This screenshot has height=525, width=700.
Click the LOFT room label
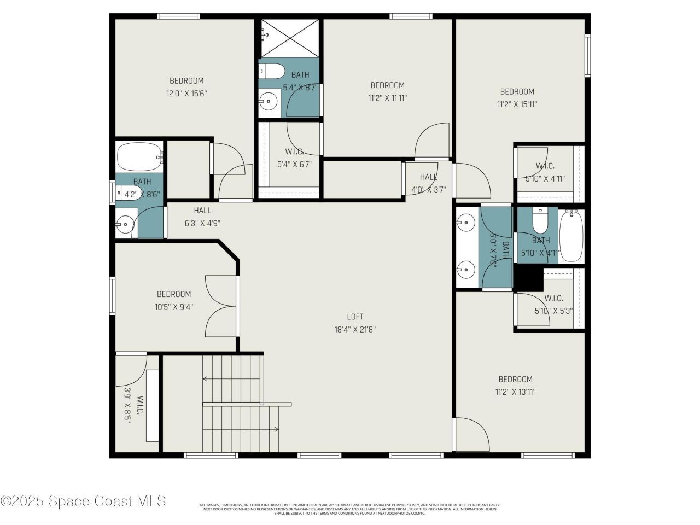coord(355,317)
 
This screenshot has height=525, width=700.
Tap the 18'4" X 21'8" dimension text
coord(355,330)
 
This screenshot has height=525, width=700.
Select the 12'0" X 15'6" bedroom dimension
coord(186,94)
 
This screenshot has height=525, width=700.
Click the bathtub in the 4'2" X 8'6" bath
coord(139,156)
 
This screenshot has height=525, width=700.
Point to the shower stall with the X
coord(290,38)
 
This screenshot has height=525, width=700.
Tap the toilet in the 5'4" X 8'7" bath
coord(272,72)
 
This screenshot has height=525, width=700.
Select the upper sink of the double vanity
coord(466,221)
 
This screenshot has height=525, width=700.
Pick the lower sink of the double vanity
coord(466,269)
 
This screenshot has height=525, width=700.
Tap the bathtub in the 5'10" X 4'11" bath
coord(571,236)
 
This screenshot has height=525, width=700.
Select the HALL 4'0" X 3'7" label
coord(429,183)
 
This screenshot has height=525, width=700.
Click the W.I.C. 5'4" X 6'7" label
coord(294,157)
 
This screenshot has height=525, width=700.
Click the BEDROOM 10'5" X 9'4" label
coord(174,300)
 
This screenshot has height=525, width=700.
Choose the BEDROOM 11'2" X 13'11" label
coord(515,386)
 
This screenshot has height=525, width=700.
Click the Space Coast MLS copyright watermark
coord(83,501)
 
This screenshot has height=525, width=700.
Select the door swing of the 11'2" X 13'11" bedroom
coord(471,434)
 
